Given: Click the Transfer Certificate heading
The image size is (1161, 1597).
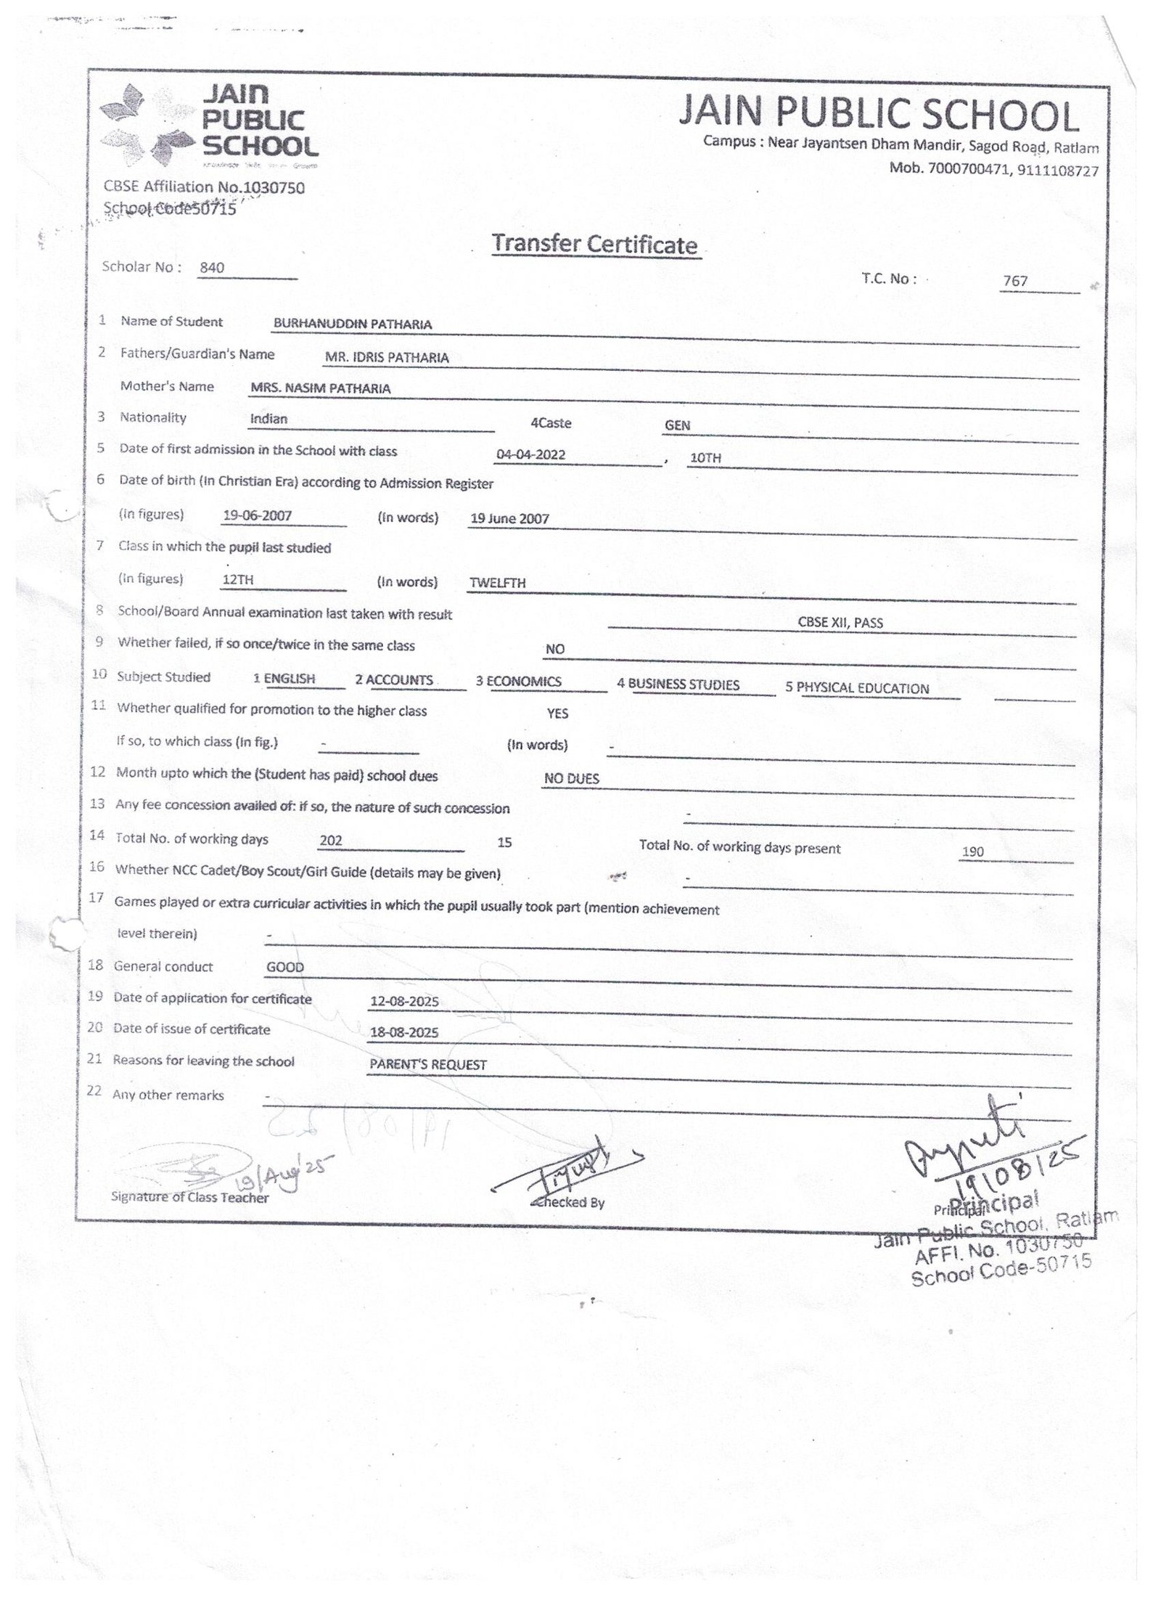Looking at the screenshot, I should coord(594,245).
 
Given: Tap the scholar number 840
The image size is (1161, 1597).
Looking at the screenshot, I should coord(212,268).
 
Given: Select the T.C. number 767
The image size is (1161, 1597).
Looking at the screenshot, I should coord(1015,281).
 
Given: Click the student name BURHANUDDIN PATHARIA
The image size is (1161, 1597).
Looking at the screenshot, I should coord(352,324).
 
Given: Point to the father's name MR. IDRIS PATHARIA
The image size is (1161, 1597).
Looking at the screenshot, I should coord(387,357).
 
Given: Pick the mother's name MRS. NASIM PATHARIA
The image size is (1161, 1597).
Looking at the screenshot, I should coord(320,388).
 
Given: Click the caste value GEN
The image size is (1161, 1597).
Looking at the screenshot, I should coord(677,425).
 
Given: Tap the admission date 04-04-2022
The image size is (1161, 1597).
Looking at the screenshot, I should coord(530,456).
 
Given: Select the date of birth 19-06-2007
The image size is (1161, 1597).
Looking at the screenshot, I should coord(258,516).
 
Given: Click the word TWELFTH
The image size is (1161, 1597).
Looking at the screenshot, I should coord(497,583).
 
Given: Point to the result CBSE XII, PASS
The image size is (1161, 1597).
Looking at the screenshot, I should coord(840,623).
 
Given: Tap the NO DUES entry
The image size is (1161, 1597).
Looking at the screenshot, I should coord(572,779).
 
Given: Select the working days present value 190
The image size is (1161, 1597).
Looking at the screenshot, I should coord(972,851).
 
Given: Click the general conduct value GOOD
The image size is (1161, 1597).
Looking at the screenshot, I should coord(285,968).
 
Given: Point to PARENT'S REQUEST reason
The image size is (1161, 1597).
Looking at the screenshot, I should coord(428,1065).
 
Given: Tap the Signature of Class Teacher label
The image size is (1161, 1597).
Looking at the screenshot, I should coord(189,1198).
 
